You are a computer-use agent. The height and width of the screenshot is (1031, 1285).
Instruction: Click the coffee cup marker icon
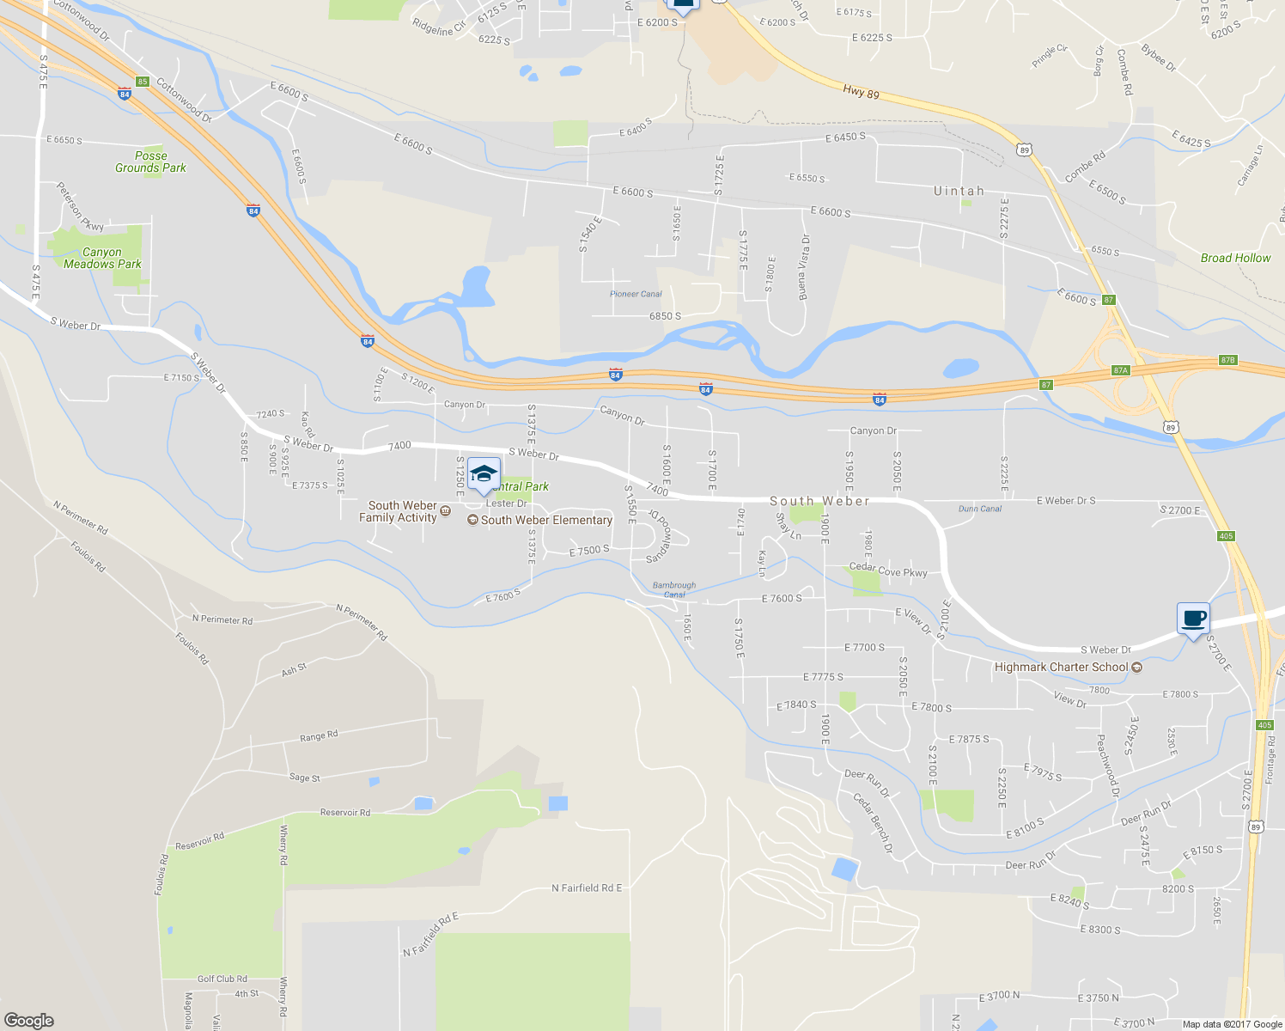point(1193,618)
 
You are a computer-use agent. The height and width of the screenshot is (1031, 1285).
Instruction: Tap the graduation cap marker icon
point(484,475)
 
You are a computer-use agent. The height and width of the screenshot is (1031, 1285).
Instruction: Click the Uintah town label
point(959,191)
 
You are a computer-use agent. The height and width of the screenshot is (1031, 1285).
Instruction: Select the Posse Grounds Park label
point(151,162)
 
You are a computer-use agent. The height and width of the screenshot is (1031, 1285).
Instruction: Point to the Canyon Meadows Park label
point(102,258)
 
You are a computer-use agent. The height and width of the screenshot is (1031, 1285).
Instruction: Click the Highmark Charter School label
point(1062,667)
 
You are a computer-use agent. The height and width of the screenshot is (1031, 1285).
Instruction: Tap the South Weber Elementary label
point(546,520)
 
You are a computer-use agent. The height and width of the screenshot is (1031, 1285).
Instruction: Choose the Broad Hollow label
point(1235,258)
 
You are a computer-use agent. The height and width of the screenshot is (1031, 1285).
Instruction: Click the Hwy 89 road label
point(861,91)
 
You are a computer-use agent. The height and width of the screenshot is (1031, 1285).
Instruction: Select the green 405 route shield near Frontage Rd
point(1264,725)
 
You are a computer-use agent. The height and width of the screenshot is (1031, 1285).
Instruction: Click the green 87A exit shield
point(1120,370)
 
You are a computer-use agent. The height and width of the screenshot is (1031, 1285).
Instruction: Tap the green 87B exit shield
point(1227,360)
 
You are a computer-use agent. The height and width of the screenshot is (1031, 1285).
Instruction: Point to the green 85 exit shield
point(143,82)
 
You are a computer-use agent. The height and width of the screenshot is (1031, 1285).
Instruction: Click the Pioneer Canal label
point(636,294)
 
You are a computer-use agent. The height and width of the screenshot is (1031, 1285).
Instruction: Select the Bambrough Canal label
point(674,589)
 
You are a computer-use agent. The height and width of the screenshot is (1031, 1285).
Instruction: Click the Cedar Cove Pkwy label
point(888,570)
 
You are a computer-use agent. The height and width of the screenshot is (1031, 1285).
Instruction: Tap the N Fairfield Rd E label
point(587,888)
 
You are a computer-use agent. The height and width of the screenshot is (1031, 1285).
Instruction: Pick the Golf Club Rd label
point(222,979)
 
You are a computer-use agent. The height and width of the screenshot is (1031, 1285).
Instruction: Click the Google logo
point(29,1020)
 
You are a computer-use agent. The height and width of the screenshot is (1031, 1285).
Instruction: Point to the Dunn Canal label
point(980,509)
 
